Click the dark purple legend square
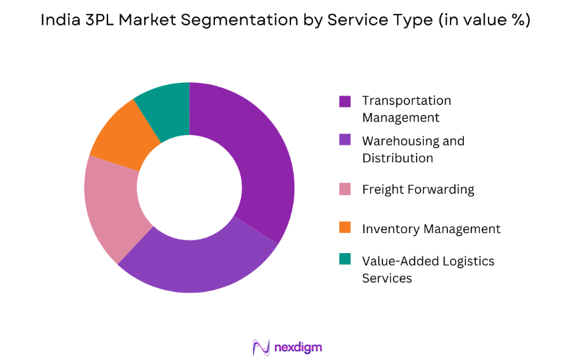pos(345,102)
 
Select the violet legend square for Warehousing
pos(345,140)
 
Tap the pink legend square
pos(345,190)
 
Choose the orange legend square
pos(345,228)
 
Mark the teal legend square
pos(345,258)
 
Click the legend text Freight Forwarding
pos(418,190)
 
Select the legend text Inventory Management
pos(431,229)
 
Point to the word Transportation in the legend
pos(406,101)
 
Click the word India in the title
pos(57,21)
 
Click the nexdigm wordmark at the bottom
pos(298,347)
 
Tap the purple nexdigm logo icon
pos(261,347)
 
